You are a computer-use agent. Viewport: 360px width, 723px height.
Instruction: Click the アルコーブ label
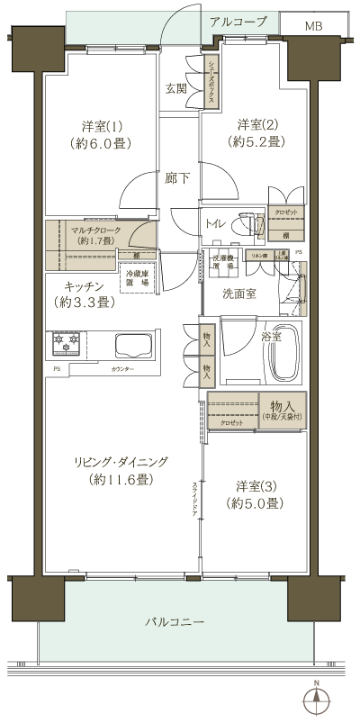tap(238, 20)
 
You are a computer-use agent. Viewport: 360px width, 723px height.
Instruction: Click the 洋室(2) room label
tap(260, 132)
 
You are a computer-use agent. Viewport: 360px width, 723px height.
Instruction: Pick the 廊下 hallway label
tap(176, 177)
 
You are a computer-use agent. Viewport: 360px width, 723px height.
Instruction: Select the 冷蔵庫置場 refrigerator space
tap(141, 279)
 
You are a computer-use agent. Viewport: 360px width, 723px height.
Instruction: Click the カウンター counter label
tap(122, 370)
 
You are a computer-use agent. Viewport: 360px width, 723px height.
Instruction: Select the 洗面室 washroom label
tap(239, 293)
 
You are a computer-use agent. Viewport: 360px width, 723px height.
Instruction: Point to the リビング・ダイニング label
tap(121, 470)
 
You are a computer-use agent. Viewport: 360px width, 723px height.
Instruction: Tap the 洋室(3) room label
tap(258, 493)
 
